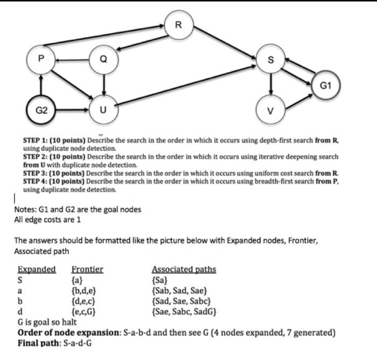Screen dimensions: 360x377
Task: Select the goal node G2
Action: tap(41, 109)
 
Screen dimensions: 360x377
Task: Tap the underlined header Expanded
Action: tap(37, 269)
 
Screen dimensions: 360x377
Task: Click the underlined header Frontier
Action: tap(87, 269)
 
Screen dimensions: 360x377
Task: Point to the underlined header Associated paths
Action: tap(184, 269)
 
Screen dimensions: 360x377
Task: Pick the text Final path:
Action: tap(40, 343)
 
